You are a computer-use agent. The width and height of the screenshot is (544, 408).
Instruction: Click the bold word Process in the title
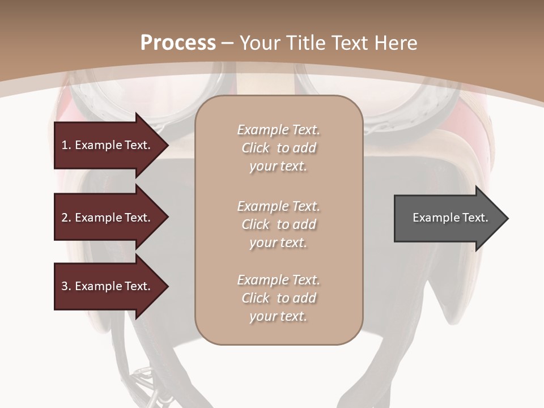pos(178,43)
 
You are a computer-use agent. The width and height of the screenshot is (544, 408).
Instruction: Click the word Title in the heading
pos(306,43)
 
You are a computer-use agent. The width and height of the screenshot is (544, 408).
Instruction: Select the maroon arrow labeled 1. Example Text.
pos(108,145)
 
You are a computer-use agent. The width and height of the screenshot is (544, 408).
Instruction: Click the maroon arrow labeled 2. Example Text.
pos(108,218)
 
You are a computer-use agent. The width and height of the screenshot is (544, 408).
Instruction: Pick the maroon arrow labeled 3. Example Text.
pos(108,286)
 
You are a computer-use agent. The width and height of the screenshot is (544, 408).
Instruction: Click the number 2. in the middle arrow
pos(66,218)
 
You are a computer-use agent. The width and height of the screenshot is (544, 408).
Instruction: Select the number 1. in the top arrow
pos(66,145)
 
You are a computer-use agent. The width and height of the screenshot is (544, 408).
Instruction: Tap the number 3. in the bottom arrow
pos(66,286)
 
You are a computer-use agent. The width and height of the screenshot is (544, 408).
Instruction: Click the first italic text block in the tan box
pos(278,148)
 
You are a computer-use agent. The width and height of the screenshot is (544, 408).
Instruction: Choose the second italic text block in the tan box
pos(278,224)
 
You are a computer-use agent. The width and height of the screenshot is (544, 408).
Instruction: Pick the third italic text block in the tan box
pos(278,298)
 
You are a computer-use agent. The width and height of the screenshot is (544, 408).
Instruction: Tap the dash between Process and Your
pos(228,43)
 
